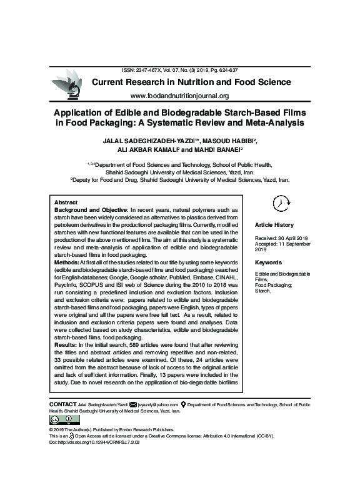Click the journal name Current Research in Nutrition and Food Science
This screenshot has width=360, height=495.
[191, 82]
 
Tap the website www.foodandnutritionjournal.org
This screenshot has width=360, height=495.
[179, 96]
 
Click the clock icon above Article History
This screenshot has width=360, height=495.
[282, 203]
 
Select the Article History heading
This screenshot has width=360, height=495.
[274, 225]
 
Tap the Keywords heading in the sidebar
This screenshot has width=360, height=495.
[269, 262]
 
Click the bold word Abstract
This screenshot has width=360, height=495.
[66, 204]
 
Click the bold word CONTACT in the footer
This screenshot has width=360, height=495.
[62, 405]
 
